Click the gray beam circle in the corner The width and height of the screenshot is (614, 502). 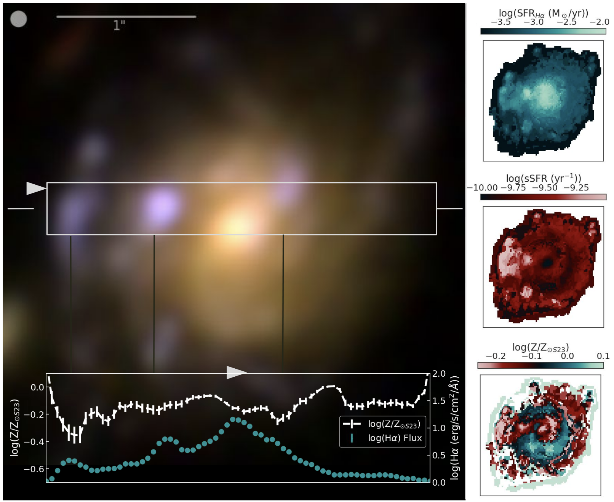pos(18,19)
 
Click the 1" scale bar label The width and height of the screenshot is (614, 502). pos(119,26)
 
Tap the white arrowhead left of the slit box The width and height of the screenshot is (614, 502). pos(35,188)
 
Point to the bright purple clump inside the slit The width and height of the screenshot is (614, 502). pos(161,206)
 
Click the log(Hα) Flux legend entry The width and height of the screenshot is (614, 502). pos(395,438)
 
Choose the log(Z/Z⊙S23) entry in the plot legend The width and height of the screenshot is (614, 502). pos(394,424)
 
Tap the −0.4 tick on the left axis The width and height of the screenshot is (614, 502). pos(34,442)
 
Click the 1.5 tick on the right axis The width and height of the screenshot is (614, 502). pos(439,401)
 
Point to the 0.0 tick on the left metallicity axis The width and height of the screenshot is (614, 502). pos(37,387)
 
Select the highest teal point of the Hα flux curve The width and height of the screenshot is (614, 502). pos(233,419)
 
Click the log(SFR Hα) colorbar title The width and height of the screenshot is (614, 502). pos(543,13)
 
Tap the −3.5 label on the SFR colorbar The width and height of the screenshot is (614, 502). pos(500,22)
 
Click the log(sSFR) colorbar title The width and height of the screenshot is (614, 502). pos(543,178)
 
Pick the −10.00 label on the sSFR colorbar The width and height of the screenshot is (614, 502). pos(482,188)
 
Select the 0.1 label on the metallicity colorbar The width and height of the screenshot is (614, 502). pos(603,356)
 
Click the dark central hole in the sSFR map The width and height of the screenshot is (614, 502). pos(547,262)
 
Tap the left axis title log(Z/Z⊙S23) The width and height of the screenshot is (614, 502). pos(14,427)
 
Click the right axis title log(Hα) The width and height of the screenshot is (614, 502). pos(455,427)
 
